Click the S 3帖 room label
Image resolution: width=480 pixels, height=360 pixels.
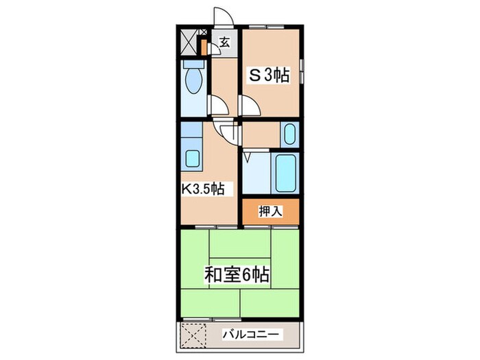pyautogui.click(x=269, y=75)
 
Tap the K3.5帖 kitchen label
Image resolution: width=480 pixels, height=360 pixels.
pyautogui.click(x=203, y=189)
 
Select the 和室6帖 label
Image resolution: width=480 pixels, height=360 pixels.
pyautogui.click(x=237, y=274)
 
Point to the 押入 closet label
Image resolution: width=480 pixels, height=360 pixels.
pyautogui.click(x=270, y=211)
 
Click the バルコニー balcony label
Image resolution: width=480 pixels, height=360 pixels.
pyautogui.click(x=251, y=334)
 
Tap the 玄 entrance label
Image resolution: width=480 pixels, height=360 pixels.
pyautogui.click(x=224, y=43)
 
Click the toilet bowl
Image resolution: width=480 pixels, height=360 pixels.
pyautogui.click(x=193, y=80)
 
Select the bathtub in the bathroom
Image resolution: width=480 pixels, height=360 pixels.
pyautogui.click(x=286, y=173)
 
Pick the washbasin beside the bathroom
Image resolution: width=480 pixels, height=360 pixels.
pyautogui.click(x=289, y=134)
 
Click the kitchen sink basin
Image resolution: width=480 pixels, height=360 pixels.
pyautogui.click(x=193, y=158)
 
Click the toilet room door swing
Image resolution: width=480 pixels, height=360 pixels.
pyautogui.click(x=218, y=105)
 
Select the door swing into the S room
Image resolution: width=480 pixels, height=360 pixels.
pyautogui.click(x=250, y=106)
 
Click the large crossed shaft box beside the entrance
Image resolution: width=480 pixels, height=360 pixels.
pyautogui.click(x=188, y=42)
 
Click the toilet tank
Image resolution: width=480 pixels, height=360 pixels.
pyautogui.click(x=193, y=64)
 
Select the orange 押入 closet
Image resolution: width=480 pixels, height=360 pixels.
pyautogui.click(x=271, y=212)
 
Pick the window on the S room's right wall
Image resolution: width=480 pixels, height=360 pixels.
pyautogui.click(x=302, y=71)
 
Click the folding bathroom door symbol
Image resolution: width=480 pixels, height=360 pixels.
pyautogui.click(x=247, y=157)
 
